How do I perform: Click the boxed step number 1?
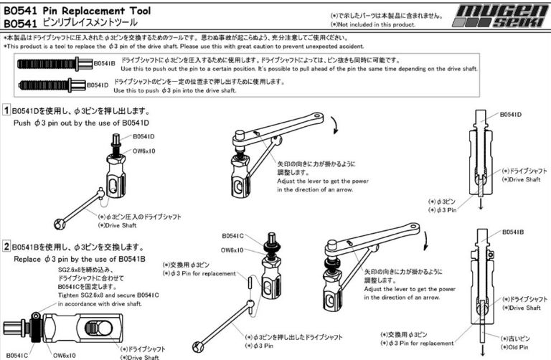pyautogui.click(x=7, y=110)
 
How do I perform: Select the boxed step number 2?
pyautogui.click(x=7, y=247)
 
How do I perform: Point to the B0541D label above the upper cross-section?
pyautogui.click(x=509, y=113)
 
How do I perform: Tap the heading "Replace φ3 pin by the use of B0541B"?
pyautogui.click(x=80, y=258)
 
